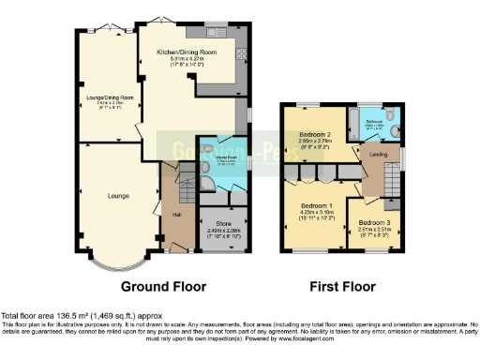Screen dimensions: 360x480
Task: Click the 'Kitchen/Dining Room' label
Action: pos(187,52)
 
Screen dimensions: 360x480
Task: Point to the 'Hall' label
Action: pos(175,213)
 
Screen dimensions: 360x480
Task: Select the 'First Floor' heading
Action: pos(343,286)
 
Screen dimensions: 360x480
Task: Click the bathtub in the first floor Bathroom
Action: pos(359,123)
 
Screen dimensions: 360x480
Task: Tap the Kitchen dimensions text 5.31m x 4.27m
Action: pos(187,59)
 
